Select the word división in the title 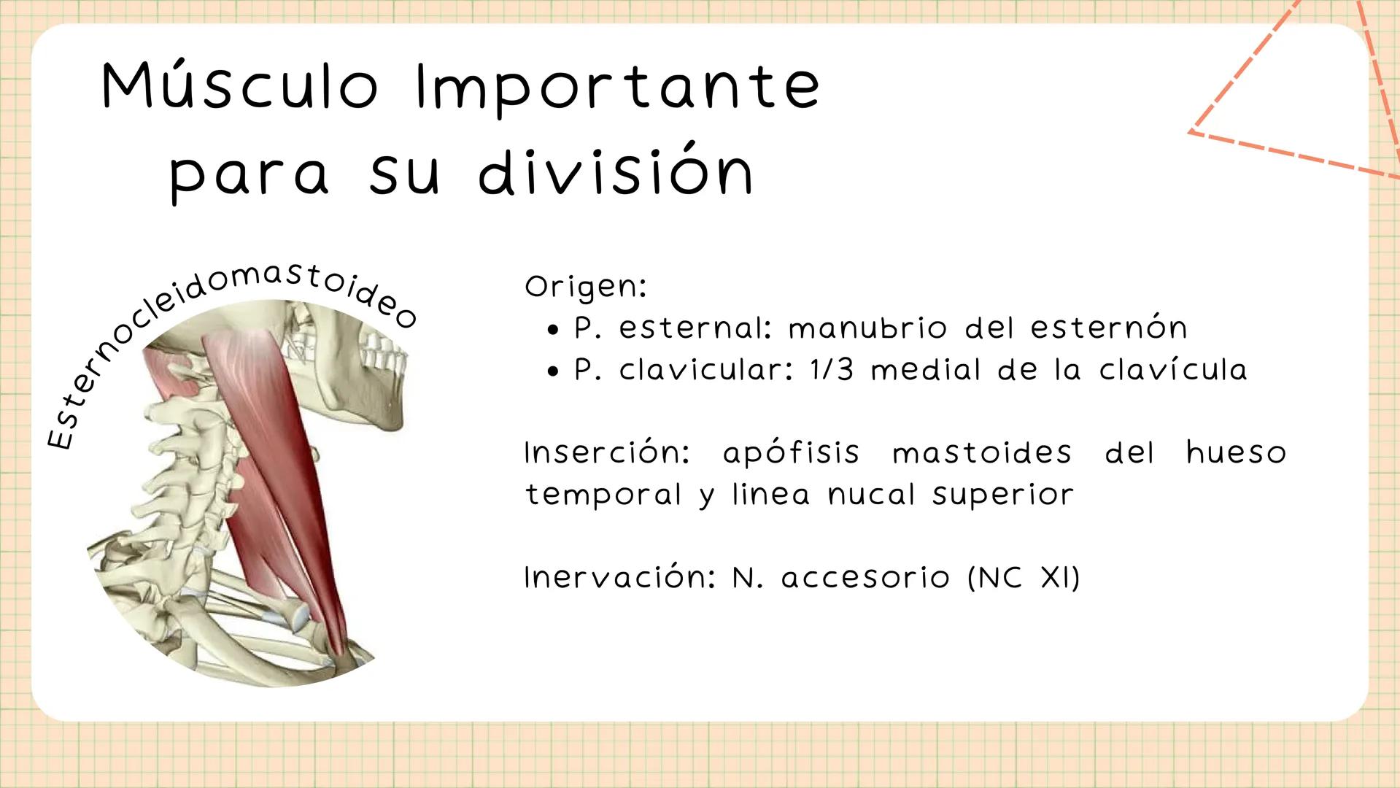(616, 173)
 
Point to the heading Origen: (586, 287)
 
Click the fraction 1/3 (832, 370)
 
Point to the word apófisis (792, 454)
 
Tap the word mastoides (982, 453)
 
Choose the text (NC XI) (1023, 578)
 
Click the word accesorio (865, 579)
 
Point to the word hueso (1236, 453)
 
